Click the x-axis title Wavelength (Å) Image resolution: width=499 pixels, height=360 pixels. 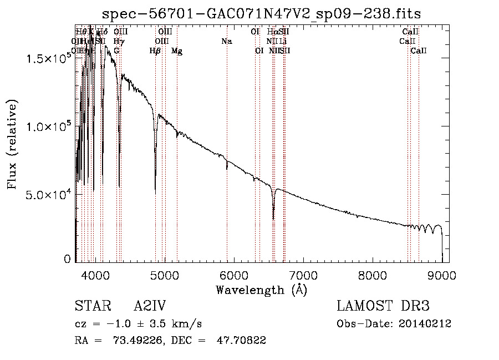(x=261, y=290)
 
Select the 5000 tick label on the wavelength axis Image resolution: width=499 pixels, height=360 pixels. (x=165, y=275)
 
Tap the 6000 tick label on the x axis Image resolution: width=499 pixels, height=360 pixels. (x=234, y=275)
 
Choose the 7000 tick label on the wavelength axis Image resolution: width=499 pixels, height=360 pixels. (x=303, y=275)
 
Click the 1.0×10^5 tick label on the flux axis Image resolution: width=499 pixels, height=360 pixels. (x=49, y=127)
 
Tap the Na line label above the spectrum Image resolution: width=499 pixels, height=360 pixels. (x=226, y=42)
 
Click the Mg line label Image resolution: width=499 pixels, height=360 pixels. (x=177, y=51)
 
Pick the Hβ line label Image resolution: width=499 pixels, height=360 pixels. (x=155, y=51)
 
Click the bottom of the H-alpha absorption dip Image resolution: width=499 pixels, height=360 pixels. (x=273, y=219)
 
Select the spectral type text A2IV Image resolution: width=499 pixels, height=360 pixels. (x=151, y=306)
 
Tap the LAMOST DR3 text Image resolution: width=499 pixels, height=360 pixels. (x=383, y=306)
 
